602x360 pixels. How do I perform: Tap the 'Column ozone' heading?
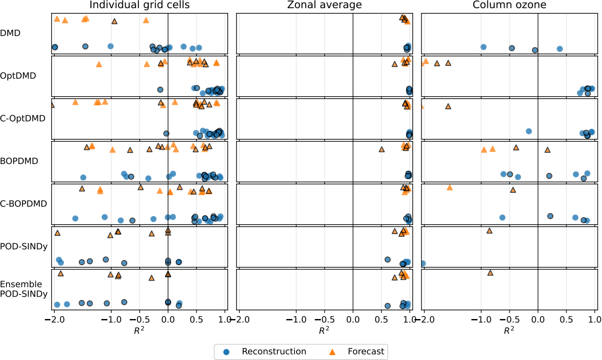point(510,5)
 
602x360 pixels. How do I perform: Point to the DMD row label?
point(10,33)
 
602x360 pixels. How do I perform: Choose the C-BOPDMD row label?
point(23,204)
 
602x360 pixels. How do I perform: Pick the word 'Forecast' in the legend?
point(366,351)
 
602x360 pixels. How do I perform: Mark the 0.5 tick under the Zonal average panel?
point(381,319)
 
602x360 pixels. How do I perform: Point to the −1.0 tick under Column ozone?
point(480,319)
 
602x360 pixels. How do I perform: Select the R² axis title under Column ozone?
point(509,331)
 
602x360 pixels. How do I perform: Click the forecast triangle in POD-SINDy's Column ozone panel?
point(489,231)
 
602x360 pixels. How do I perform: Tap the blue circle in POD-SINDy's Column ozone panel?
point(423,263)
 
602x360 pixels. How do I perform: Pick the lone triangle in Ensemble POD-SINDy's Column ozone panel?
point(490,272)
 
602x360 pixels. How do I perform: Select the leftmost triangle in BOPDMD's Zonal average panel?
point(382,149)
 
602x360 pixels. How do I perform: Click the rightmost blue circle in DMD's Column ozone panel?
point(560,49)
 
